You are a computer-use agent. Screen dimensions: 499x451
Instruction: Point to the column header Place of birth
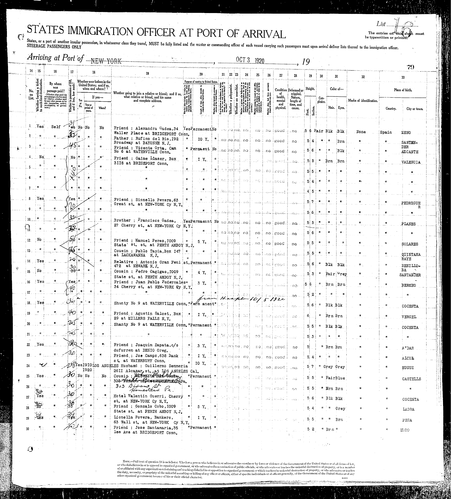403,90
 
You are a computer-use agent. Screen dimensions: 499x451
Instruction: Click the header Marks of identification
363,101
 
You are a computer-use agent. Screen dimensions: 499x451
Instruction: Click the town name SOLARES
410,244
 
